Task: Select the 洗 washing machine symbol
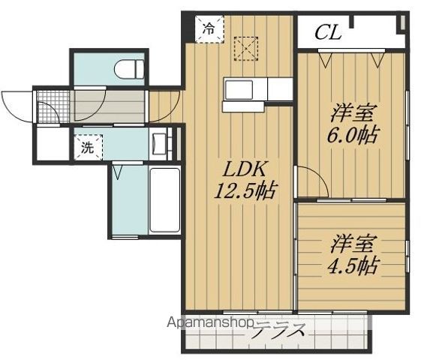[x=89, y=148]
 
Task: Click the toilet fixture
[x=130, y=70]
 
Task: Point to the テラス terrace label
[x=278, y=330]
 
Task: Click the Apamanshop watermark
[x=213, y=324]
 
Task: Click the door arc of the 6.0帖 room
[x=308, y=181]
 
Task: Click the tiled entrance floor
[x=53, y=106]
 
